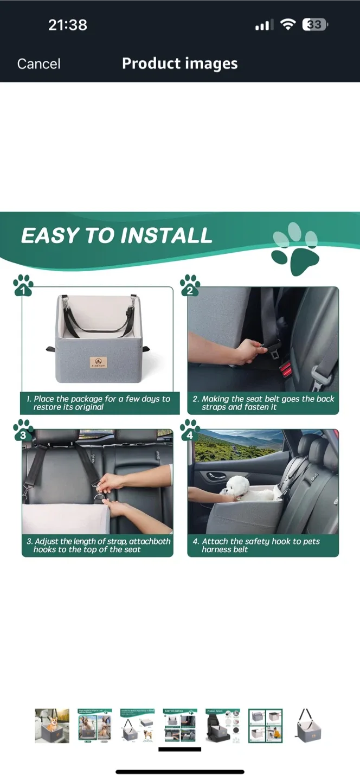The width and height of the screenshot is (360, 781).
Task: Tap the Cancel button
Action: click(38, 64)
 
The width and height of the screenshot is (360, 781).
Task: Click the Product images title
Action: click(179, 63)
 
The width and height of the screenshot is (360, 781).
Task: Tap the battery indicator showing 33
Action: click(315, 24)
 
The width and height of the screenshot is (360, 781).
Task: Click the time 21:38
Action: click(67, 24)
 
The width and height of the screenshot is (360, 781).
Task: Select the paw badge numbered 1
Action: click(23, 286)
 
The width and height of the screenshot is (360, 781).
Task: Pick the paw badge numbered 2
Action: click(189, 286)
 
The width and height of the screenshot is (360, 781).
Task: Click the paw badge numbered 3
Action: click(23, 430)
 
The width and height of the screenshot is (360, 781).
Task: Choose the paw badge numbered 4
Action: click(189, 430)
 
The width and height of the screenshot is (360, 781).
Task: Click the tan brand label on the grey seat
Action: click(98, 362)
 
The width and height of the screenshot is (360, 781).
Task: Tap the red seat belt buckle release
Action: click(286, 370)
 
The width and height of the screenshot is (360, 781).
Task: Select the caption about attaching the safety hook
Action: click(263, 545)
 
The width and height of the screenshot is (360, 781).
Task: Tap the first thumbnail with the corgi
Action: click(52, 725)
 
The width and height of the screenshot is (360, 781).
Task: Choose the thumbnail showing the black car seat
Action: click(223, 725)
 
